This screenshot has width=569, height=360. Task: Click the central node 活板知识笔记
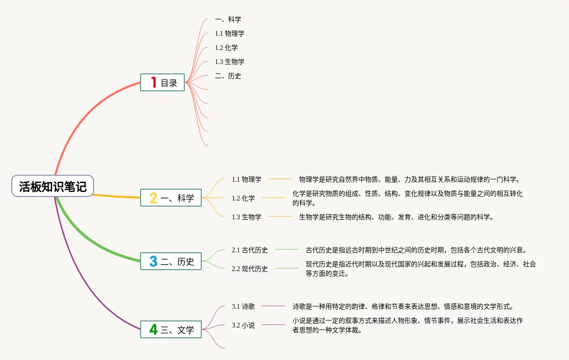[x=53, y=186]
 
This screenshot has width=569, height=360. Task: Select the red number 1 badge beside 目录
[x=153, y=82]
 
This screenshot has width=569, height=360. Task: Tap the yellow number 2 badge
[x=153, y=198]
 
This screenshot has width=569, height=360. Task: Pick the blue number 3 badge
[x=153, y=261]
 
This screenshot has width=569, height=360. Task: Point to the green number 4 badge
[x=153, y=329]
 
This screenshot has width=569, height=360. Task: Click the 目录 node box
[x=162, y=82]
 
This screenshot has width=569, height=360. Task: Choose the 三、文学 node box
[x=171, y=329]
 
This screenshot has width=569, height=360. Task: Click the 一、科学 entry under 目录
[x=228, y=19]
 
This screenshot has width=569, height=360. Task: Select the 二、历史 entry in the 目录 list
[x=228, y=76]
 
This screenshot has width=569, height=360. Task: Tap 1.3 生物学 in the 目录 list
[x=229, y=62]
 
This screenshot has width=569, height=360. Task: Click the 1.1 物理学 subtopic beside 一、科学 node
[x=246, y=179]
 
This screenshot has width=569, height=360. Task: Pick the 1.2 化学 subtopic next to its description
[x=243, y=198]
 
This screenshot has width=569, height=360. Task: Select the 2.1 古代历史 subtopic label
[x=250, y=250]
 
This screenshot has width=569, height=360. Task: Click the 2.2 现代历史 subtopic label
[x=250, y=269]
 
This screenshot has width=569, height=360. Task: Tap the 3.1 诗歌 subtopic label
[x=243, y=306]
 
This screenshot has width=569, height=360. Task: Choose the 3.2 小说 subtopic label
[x=243, y=325]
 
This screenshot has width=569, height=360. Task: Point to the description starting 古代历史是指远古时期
[x=416, y=250]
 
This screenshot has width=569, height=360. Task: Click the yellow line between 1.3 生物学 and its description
[x=280, y=216]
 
